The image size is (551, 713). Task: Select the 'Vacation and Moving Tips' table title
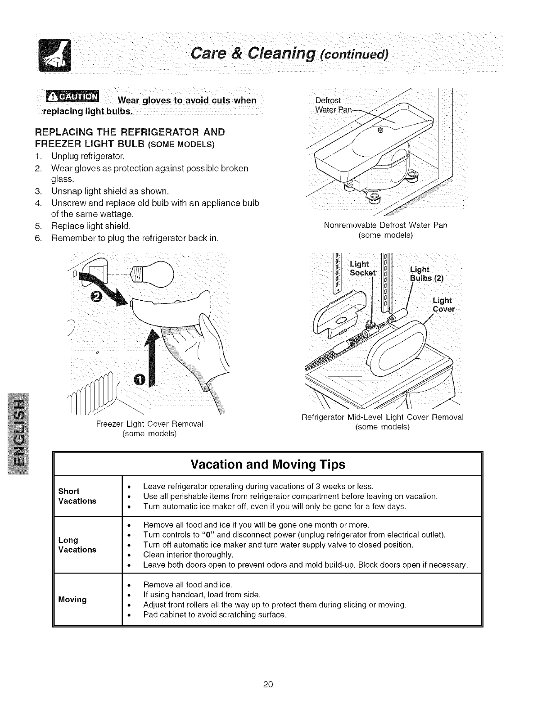(x=268, y=465)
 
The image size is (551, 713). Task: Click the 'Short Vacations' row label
(x=77, y=496)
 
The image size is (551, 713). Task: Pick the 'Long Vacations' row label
(x=77, y=545)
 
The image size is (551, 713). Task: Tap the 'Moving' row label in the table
(x=72, y=600)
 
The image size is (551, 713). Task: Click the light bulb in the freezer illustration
(x=153, y=274)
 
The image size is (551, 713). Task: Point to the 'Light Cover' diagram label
(x=443, y=305)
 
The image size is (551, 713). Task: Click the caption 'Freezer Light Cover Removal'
(x=149, y=424)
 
